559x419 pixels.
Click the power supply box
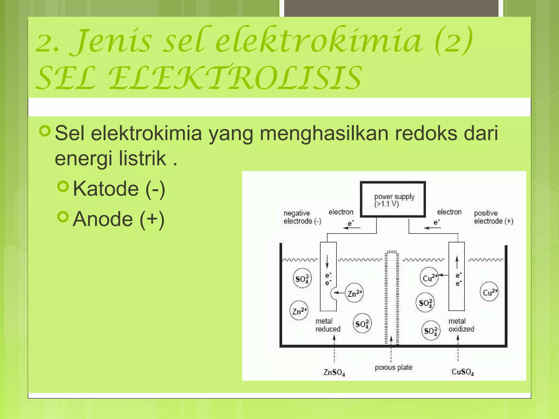tap(393, 199)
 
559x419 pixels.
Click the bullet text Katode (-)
tap(119, 189)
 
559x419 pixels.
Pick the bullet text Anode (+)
tap(118, 219)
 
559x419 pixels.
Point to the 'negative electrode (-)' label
tap(302, 217)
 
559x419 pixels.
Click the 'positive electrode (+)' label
tap(493, 217)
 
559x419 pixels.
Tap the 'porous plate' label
tap(393, 367)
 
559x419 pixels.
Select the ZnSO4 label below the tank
tap(334, 372)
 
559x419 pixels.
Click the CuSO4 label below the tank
tap(463, 372)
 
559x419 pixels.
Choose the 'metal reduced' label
tap(328, 325)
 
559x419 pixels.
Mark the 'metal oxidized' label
tap(461, 325)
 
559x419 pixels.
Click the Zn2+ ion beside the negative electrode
tap(354, 293)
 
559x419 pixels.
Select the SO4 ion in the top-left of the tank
tap(302, 279)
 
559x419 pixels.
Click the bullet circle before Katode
tap(63, 187)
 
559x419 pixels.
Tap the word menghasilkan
tap(324, 133)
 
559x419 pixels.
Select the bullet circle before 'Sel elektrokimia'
tap(45, 131)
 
